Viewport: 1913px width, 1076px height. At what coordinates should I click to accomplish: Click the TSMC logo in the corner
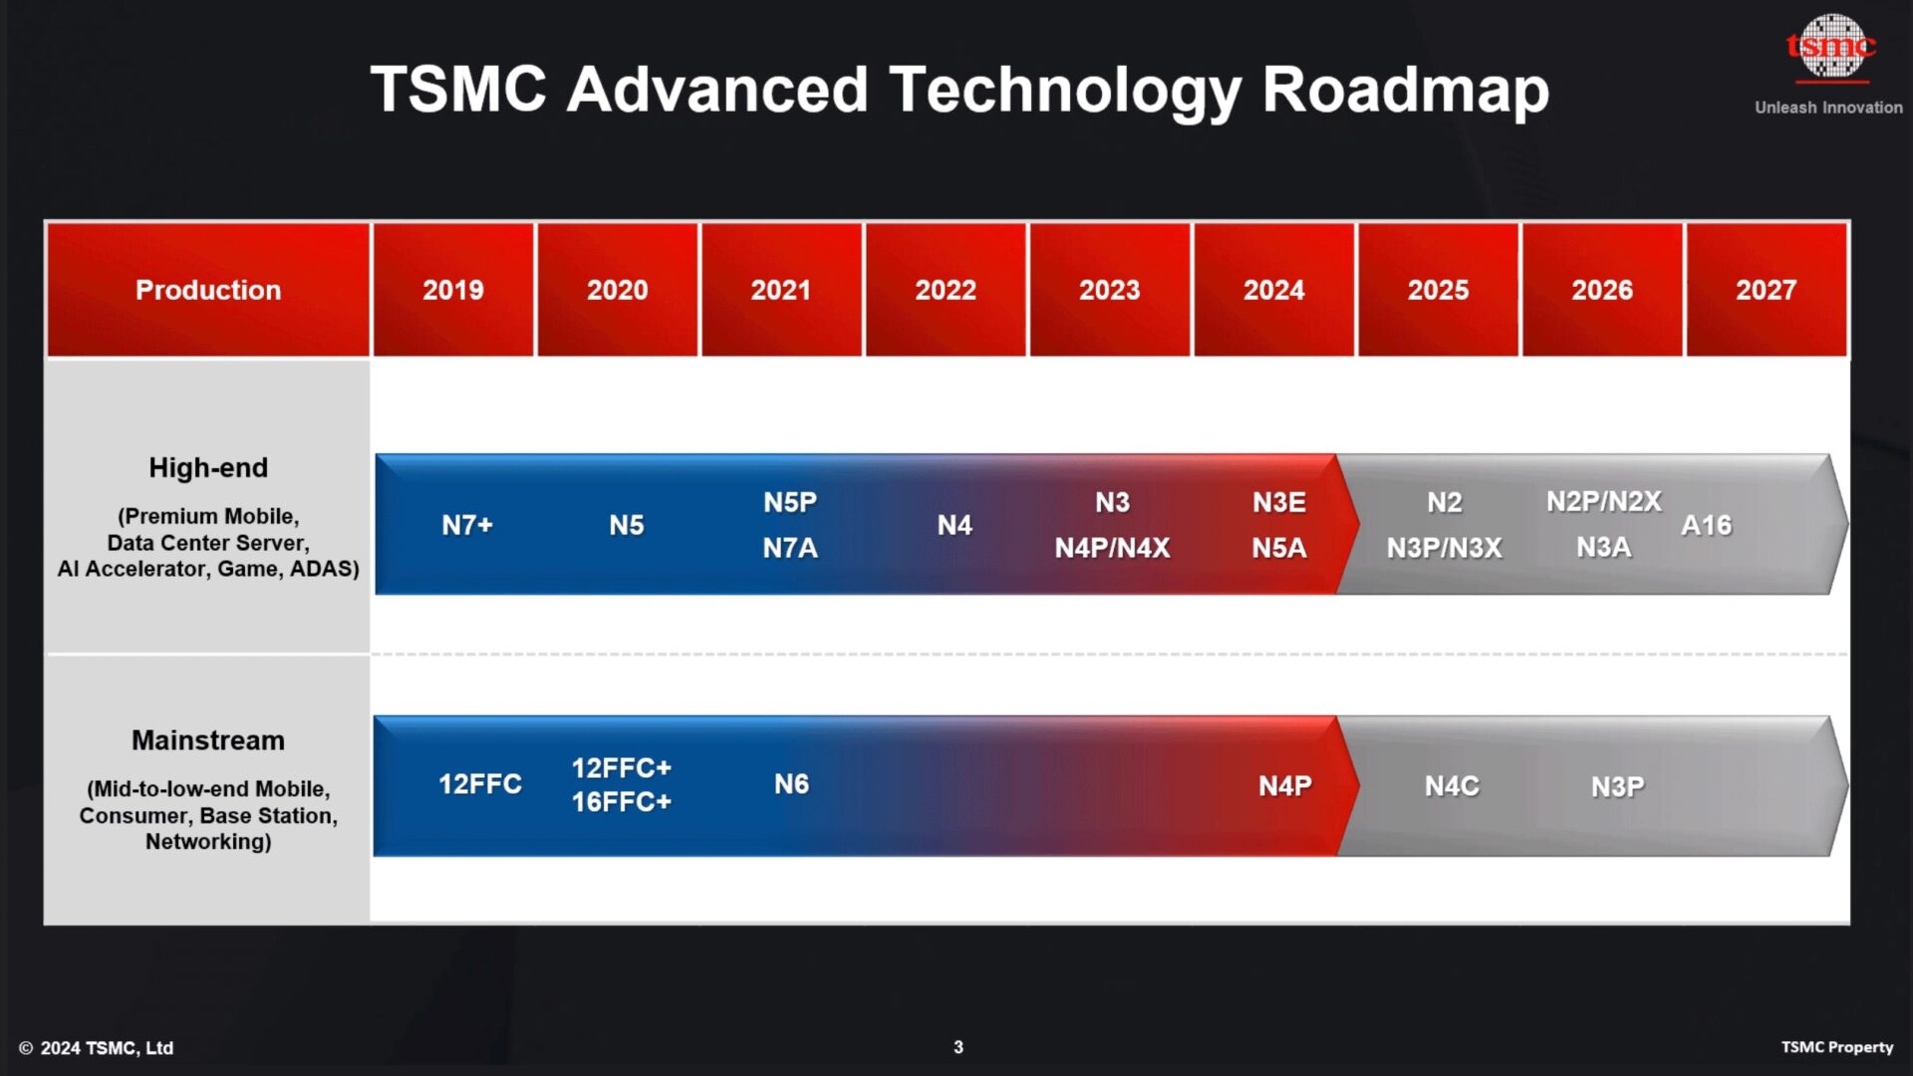[1830, 47]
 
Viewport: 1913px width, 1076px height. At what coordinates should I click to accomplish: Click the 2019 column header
[452, 290]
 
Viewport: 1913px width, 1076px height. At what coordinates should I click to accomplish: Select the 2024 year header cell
[1273, 290]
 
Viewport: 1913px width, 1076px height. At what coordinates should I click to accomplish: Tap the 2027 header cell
[1766, 290]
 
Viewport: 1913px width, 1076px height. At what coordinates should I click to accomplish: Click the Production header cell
[208, 290]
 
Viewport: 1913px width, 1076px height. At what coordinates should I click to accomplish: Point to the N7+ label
[467, 525]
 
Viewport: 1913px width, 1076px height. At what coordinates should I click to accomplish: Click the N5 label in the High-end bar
[627, 525]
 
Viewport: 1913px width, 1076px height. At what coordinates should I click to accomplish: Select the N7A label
[790, 548]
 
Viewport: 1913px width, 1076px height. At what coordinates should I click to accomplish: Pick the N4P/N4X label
[1112, 548]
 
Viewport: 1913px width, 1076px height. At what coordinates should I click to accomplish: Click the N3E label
[1278, 502]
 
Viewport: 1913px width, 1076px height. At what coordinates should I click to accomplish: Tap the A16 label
[1706, 525]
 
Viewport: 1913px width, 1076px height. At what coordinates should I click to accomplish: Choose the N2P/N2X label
[1603, 501]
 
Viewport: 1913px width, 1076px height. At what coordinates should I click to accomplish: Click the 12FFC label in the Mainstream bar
[480, 784]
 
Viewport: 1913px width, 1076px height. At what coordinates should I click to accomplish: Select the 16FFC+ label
[621, 802]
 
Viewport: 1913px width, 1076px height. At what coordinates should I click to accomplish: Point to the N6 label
[791, 784]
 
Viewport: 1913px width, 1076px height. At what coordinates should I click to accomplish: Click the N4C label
[1452, 786]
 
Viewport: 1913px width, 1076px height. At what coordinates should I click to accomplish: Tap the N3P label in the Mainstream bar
[1617, 787]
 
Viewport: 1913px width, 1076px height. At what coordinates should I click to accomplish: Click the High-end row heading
[208, 467]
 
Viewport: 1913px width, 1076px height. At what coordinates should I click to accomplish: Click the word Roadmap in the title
[1405, 90]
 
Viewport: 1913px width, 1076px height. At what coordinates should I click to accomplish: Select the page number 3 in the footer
[958, 1047]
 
